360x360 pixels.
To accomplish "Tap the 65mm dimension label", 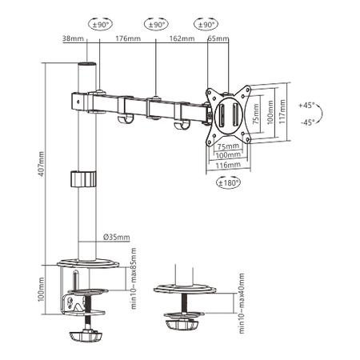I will pos(215,38).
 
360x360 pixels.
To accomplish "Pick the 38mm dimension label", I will pos(71,38).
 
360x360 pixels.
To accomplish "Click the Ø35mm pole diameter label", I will pos(116,236).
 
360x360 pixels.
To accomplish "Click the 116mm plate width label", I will pos(228,165).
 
